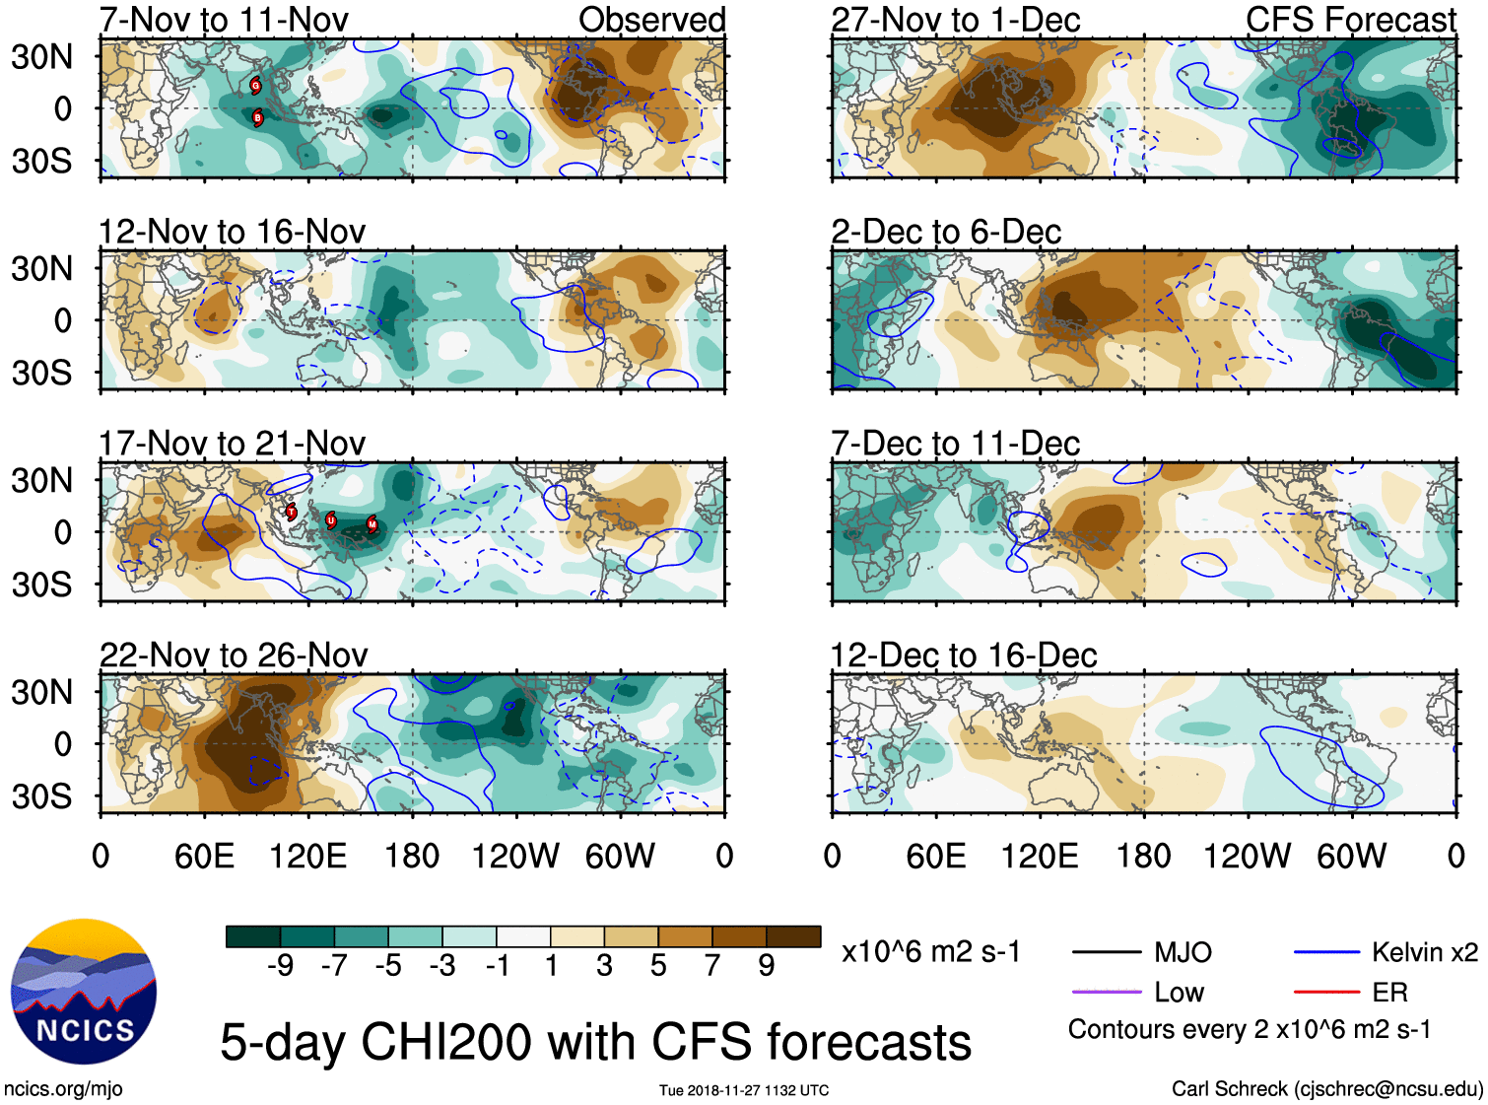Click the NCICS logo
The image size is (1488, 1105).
84,992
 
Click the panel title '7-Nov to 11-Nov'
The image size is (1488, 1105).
224,20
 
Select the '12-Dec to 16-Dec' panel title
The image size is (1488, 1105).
964,656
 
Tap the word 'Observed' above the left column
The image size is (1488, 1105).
651,20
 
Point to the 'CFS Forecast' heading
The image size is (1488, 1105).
1350,20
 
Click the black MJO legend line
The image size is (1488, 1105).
1107,953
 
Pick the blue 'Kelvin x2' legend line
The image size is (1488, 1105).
1326,953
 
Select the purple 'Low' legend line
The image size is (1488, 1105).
1107,993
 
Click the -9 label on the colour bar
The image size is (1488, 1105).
280,966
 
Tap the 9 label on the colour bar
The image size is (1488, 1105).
766,966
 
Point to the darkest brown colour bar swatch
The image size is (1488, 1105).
793,936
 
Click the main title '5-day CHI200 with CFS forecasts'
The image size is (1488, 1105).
595,1043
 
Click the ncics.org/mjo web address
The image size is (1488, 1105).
63,1089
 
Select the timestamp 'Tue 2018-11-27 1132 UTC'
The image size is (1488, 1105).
744,1090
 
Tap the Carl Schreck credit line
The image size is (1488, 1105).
1326,1089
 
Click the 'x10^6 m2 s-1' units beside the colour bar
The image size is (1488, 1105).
930,952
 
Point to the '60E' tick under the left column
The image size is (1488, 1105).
204,856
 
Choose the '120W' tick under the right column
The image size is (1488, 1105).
1247,856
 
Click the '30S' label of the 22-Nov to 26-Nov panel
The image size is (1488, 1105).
41,796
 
